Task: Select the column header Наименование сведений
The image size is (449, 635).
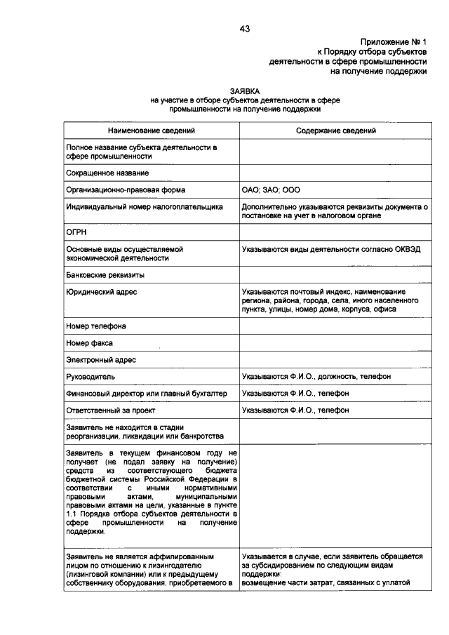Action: pos(151,131)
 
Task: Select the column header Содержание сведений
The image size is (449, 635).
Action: pos(335,131)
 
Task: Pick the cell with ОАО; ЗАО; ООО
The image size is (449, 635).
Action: pos(271,190)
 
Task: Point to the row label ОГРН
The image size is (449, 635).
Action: pos(76,232)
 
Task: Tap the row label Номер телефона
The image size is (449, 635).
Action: pos(96,326)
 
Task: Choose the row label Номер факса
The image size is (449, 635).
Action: pos(90,343)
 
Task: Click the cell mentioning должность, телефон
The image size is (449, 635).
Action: pos(316,377)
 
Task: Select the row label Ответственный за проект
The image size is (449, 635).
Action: pos(110,410)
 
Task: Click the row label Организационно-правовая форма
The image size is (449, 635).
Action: pos(126,190)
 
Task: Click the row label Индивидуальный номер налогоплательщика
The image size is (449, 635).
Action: pos(145,207)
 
